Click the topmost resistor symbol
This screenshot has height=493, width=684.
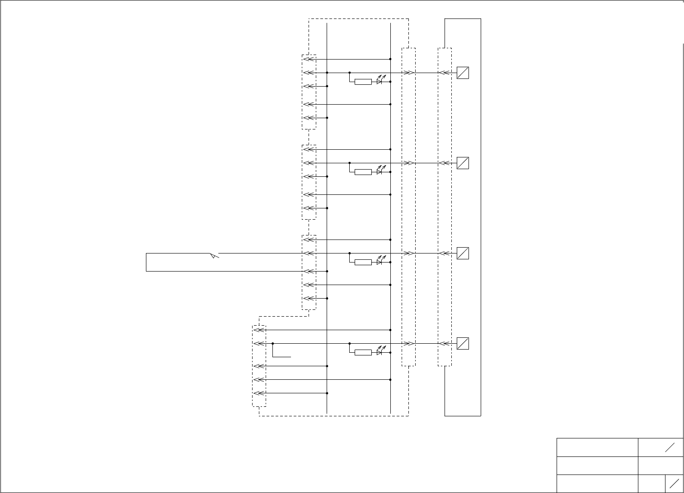(x=363, y=82)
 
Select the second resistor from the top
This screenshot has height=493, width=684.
(x=363, y=172)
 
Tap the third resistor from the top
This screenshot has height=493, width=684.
(x=363, y=262)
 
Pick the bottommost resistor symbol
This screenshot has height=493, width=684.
(x=363, y=352)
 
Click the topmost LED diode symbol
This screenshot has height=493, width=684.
(x=380, y=81)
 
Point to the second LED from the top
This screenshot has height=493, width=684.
(x=380, y=171)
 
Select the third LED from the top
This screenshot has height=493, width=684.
(x=380, y=261)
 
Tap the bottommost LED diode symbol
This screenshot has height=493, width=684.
(x=380, y=351)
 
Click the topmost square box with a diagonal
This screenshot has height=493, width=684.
(x=463, y=73)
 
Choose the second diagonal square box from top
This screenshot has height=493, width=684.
(x=463, y=163)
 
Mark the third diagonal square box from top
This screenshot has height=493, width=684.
(x=463, y=253)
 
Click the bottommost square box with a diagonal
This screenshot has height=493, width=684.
(x=463, y=343)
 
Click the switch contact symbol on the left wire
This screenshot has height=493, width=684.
(x=214, y=256)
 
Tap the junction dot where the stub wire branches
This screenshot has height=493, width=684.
(x=273, y=343)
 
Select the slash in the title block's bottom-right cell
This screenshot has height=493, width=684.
(x=674, y=484)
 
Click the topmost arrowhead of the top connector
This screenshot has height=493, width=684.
(x=308, y=59)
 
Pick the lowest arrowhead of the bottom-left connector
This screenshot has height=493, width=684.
(x=258, y=393)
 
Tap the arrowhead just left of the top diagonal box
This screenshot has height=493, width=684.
(x=443, y=73)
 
